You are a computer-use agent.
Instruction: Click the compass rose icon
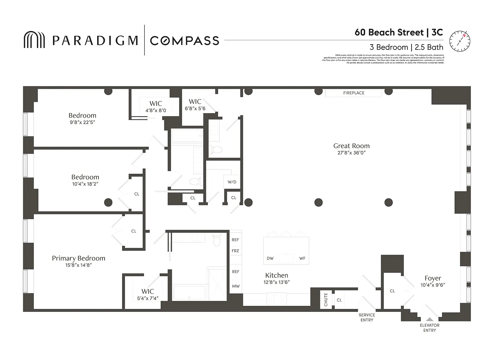[x=459, y=41]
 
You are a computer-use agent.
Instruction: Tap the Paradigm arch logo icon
[x=34, y=40]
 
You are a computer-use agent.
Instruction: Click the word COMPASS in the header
[x=184, y=41]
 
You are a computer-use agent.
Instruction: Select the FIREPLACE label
[x=353, y=93]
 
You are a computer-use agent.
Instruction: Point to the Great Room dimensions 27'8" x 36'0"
[x=351, y=153]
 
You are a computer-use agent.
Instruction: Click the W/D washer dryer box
[x=232, y=182]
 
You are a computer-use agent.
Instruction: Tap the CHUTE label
[x=326, y=299]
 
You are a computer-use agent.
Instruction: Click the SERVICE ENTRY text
[x=367, y=318]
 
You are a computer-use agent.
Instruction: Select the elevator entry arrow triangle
[x=430, y=319]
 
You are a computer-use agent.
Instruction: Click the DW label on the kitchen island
[x=270, y=258]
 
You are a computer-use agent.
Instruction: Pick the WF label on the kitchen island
[x=302, y=258]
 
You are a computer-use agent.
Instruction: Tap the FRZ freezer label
[x=235, y=251]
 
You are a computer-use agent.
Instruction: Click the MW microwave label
[x=236, y=286]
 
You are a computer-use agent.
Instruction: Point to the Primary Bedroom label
[x=79, y=258]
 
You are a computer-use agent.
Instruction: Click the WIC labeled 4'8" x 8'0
[x=156, y=107]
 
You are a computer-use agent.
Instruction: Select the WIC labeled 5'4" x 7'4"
[x=148, y=294]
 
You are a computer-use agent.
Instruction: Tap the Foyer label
[x=433, y=278]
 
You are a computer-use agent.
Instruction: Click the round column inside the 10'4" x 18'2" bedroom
[x=108, y=202]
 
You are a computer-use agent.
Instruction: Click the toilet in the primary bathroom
[x=217, y=240]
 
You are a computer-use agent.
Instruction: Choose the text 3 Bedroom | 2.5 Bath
[x=406, y=47]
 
